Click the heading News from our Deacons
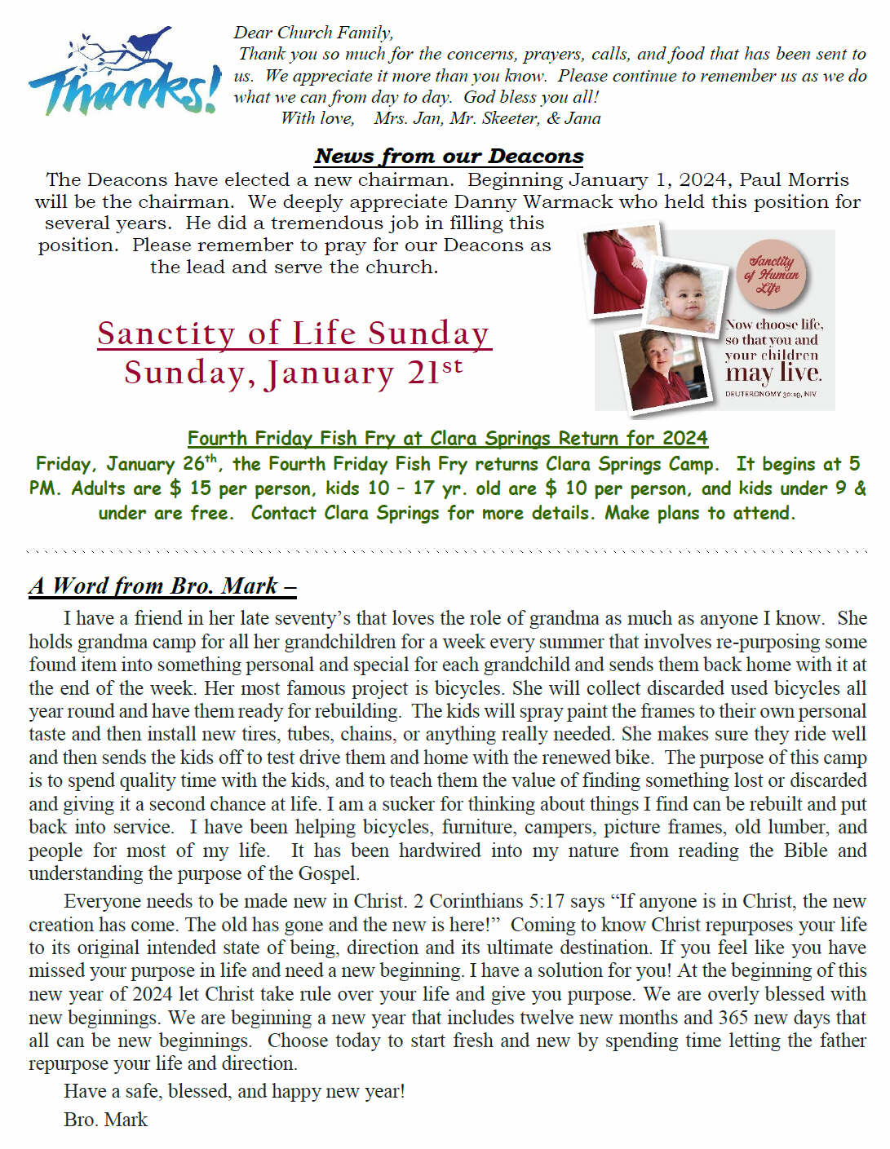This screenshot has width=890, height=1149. [449, 156]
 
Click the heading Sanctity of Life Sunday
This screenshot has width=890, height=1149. [294, 333]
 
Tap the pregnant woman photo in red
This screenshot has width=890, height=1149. [620, 269]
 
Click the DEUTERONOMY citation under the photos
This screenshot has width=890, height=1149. [770, 394]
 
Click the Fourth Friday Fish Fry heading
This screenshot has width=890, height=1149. [447, 438]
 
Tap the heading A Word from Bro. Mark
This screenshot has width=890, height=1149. [162, 586]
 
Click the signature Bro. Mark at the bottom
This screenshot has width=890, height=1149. [105, 1120]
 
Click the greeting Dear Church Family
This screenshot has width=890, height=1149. [313, 33]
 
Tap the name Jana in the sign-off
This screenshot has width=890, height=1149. [582, 118]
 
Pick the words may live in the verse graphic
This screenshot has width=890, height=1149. [773, 373]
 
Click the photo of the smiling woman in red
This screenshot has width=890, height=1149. [661, 367]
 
